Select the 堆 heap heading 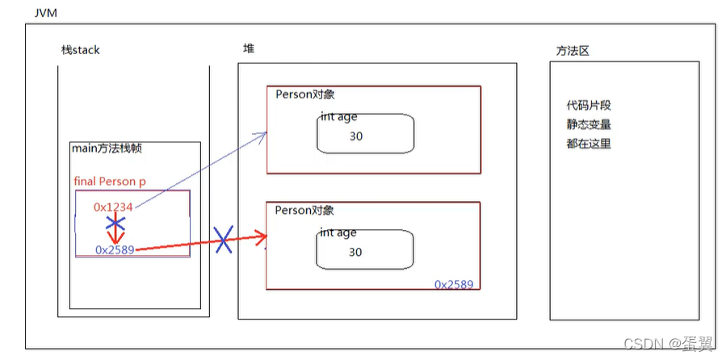coord(249,48)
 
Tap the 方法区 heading coord(572,50)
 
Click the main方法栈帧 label coord(107,149)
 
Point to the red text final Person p coord(110,181)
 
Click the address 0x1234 coord(113,207)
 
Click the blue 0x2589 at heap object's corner coord(453,284)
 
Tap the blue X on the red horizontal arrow coord(223,241)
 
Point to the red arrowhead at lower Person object coord(261,237)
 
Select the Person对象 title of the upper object coord(304,94)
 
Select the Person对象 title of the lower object coord(304,210)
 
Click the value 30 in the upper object coord(356,136)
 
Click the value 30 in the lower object coord(355,252)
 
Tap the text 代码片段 coord(589,106)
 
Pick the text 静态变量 coord(589,124)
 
